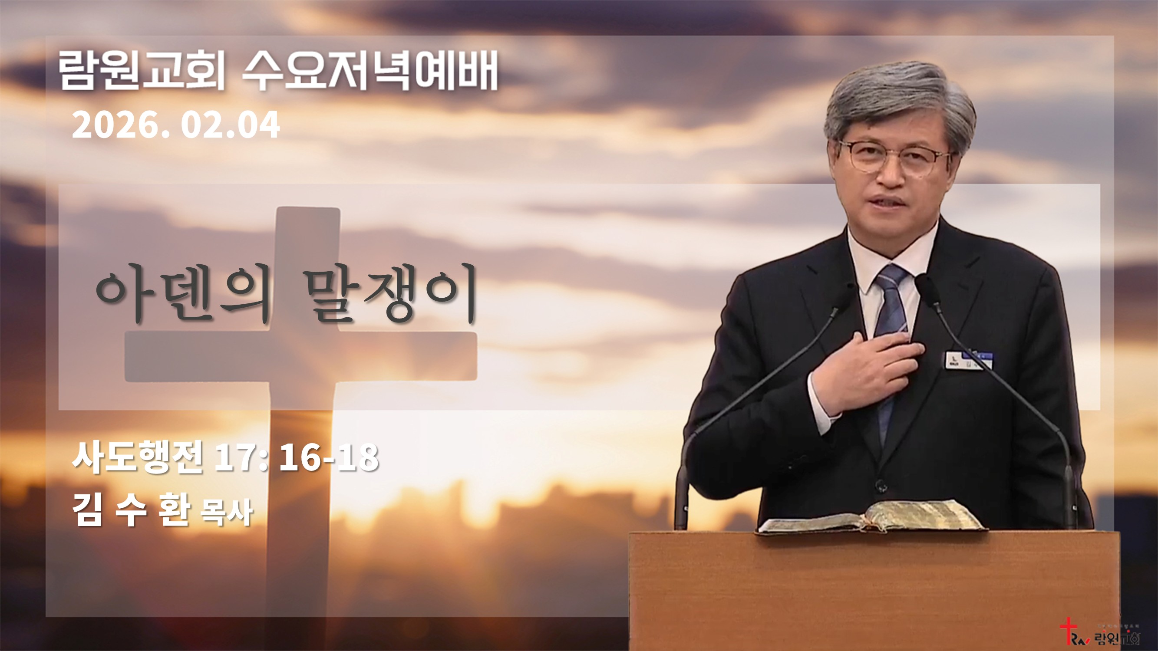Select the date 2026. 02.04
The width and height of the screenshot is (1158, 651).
(x=176, y=125)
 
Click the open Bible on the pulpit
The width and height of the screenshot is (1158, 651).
(x=872, y=518)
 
